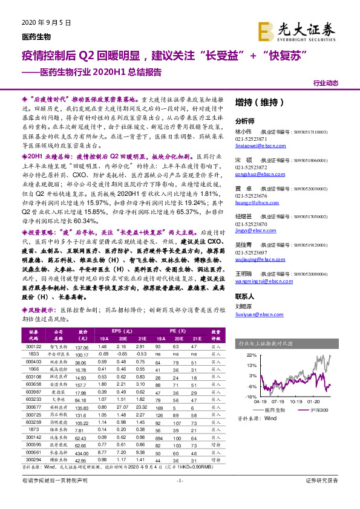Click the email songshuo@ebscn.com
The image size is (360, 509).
coord(257,173)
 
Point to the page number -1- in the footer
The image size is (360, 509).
coord(179,497)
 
